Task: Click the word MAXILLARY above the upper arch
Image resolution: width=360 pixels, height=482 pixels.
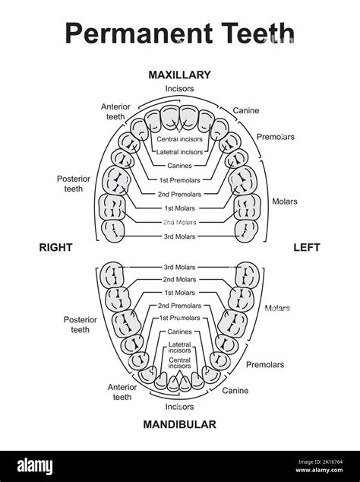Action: pos(179,75)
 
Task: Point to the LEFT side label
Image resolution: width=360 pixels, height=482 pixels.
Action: pos(307,247)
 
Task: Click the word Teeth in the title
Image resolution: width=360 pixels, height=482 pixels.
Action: pos(246,34)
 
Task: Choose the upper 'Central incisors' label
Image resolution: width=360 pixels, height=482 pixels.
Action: pos(179,139)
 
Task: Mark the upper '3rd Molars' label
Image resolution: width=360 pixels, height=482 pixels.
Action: pos(179,236)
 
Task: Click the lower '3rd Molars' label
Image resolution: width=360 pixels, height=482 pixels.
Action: pos(179,267)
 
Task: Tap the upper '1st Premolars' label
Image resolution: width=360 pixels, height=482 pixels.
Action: pos(179,179)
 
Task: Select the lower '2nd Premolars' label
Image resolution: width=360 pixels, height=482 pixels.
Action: pos(179,305)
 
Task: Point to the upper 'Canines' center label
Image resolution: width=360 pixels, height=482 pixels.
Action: pos(179,166)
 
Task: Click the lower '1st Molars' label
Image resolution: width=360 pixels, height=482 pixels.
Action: pos(179,292)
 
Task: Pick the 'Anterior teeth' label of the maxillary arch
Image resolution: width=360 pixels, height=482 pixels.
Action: pos(117,112)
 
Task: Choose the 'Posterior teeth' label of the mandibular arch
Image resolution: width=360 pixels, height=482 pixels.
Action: pos(80,325)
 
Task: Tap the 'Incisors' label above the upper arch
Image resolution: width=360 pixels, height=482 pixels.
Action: pos(179,89)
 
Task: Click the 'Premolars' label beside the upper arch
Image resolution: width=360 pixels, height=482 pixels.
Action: pos(276,137)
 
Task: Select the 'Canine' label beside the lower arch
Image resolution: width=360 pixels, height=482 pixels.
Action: pos(235,391)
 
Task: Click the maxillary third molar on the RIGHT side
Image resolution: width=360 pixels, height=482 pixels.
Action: pos(113,229)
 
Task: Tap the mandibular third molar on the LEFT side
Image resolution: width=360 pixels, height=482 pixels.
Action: pos(248,274)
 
